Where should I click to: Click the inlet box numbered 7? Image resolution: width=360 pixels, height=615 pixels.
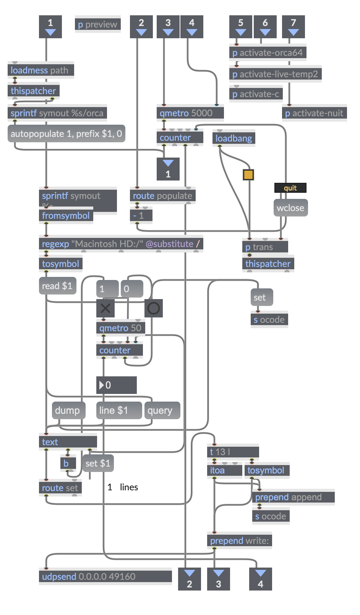pos(293,26)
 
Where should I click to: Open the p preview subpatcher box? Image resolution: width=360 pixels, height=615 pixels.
pos(97,24)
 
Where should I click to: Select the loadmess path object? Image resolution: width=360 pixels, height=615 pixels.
pos(41,70)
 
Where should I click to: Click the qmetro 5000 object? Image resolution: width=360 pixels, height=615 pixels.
pos(190,113)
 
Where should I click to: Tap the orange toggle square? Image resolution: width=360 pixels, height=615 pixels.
pos(248,175)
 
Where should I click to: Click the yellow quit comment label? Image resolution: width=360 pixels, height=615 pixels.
pos(290,188)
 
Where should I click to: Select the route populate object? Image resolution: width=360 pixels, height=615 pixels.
pos(162,196)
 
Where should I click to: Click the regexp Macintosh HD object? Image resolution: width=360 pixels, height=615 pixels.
pos(121,244)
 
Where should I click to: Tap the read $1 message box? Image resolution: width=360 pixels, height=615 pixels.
pos(57,286)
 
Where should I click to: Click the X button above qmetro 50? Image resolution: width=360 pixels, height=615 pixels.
pos(105,308)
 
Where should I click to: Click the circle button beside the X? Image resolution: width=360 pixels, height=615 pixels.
pos(154,308)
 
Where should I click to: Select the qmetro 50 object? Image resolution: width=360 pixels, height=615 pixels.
pos(120,328)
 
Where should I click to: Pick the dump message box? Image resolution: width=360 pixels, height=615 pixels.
pos(68,411)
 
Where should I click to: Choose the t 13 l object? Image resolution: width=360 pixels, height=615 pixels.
pos(233,452)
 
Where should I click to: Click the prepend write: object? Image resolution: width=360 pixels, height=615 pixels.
pos(239,541)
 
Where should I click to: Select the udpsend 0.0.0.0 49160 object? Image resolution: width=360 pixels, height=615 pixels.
pos(105,577)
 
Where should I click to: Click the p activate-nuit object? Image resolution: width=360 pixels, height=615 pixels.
pos(314,113)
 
